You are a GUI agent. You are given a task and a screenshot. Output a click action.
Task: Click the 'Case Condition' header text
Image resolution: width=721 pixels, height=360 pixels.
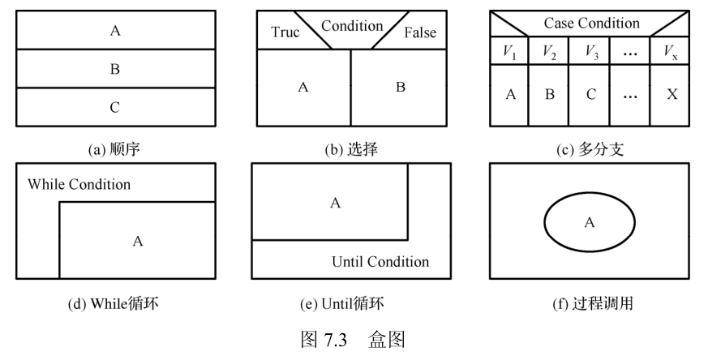pyautogui.click(x=591, y=24)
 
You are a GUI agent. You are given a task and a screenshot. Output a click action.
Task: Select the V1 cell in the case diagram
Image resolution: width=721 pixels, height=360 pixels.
pyautogui.click(x=509, y=51)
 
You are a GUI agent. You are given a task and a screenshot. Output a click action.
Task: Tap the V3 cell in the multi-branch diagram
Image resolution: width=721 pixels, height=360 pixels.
pyautogui.click(x=590, y=51)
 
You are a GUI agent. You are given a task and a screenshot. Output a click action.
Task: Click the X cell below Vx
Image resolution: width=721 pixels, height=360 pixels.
pyautogui.click(x=672, y=94)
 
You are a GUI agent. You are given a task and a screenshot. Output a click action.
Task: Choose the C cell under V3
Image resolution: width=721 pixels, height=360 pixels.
pyautogui.click(x=590, y=94)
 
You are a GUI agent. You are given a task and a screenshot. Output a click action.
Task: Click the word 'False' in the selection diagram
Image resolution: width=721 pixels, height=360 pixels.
pyautogui.click(x=418, y=33)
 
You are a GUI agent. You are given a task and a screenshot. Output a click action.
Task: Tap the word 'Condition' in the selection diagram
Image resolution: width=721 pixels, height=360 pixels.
pyautogui.click(x=352, y=25)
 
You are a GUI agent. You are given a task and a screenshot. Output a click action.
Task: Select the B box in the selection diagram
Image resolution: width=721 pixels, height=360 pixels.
pyautogui.click(x=400, y=87)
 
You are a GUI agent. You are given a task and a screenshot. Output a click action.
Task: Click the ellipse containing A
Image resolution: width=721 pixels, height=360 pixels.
pyautogui.click(x=590, y=221)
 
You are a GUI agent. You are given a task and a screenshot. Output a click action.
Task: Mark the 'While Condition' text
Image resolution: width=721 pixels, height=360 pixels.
pyautogui.click(x=79, y=184)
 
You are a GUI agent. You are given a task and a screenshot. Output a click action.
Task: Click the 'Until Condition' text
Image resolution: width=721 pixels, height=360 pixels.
pyautogui.click(x=380, y=261)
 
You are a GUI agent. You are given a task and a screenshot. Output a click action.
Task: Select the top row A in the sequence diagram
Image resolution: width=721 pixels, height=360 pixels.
pyautogui.click(x=115, y=31)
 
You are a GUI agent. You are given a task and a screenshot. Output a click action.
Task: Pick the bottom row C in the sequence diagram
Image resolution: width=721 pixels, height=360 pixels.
pyautogui.click(x=115, y=107)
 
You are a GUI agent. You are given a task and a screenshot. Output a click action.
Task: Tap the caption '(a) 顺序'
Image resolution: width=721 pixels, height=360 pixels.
pyautogui.click(x=115, y=149)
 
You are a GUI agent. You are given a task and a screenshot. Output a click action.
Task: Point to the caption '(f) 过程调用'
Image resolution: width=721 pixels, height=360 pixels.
pyautogui.click(x=590, y=306)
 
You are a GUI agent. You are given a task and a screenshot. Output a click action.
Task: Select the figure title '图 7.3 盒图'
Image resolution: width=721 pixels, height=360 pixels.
pyautogui.click(x=352, y=339)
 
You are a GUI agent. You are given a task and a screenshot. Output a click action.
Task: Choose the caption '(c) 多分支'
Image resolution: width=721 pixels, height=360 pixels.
pyautogui.click(x=590, y=149)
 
